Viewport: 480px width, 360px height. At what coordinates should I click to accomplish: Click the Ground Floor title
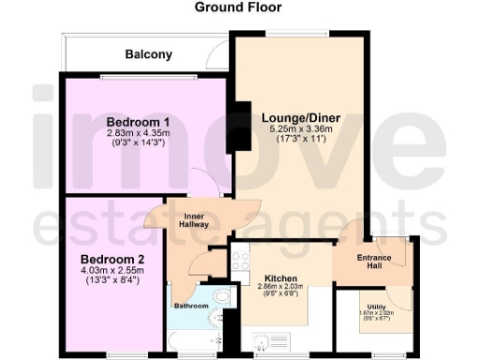tap(237, 7)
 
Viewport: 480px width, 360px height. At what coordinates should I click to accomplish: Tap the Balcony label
tap(149, 54)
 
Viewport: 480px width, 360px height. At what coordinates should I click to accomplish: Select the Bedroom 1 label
tap(138, 122)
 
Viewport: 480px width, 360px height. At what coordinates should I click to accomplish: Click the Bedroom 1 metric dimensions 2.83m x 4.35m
tap(138, 134)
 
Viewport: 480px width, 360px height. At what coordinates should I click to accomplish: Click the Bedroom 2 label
tap(110, 258)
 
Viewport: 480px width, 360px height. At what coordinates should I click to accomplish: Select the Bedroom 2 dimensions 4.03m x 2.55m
tap(110, 270)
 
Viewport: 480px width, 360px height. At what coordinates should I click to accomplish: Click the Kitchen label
tap(280, 279)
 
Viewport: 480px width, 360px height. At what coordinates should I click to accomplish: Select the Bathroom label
tap(191, 306)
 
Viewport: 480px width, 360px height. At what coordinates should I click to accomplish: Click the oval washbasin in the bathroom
tap(221, 297)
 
